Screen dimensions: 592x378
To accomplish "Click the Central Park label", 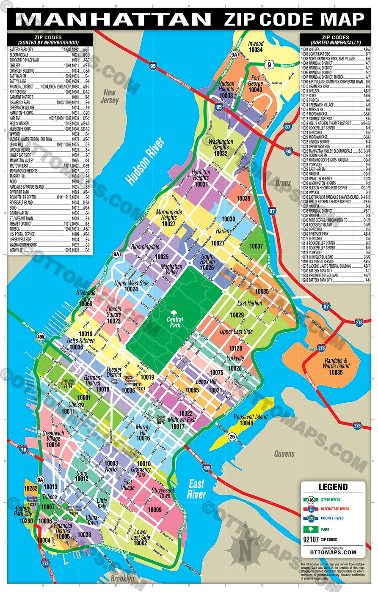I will pyautogui.click(x=175, y=322).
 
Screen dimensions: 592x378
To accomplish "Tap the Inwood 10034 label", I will pyautogui.click(x=256, y=47).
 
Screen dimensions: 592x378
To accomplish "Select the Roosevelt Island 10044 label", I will pyautogui.click(x=251, y=420).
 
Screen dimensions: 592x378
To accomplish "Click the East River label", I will pyautogui.click(x=196, y=489).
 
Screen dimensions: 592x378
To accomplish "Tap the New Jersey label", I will pyautogui.click(x=110, y=97).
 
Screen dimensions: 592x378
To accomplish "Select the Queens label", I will pyautogui.click(x=284, y=454).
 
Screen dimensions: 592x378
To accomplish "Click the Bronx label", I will pyautogui.click(x=283, y=183).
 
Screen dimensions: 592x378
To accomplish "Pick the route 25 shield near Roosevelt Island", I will pyautogui.click(x=232, y=436).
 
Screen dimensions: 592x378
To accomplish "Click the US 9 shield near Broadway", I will pyautogui.click(x=269, y=64).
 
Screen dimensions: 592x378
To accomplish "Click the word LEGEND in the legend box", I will pyautogui.click(x=333, y=487).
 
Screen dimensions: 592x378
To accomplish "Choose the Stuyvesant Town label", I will pyautogui.click(x=161, y=493).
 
